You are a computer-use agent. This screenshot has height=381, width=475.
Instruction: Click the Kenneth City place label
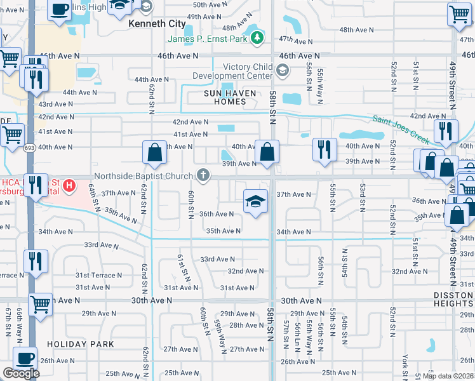157,23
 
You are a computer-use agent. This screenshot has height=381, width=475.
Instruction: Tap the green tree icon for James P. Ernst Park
257,39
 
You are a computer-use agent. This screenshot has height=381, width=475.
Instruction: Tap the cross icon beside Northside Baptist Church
203,175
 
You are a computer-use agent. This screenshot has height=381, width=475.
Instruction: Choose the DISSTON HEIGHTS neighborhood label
452,298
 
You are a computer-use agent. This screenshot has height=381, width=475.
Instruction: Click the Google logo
21,373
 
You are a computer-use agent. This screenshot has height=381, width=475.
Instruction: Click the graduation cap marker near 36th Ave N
255,202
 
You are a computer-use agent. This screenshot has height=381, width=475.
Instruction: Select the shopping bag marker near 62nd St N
154,152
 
